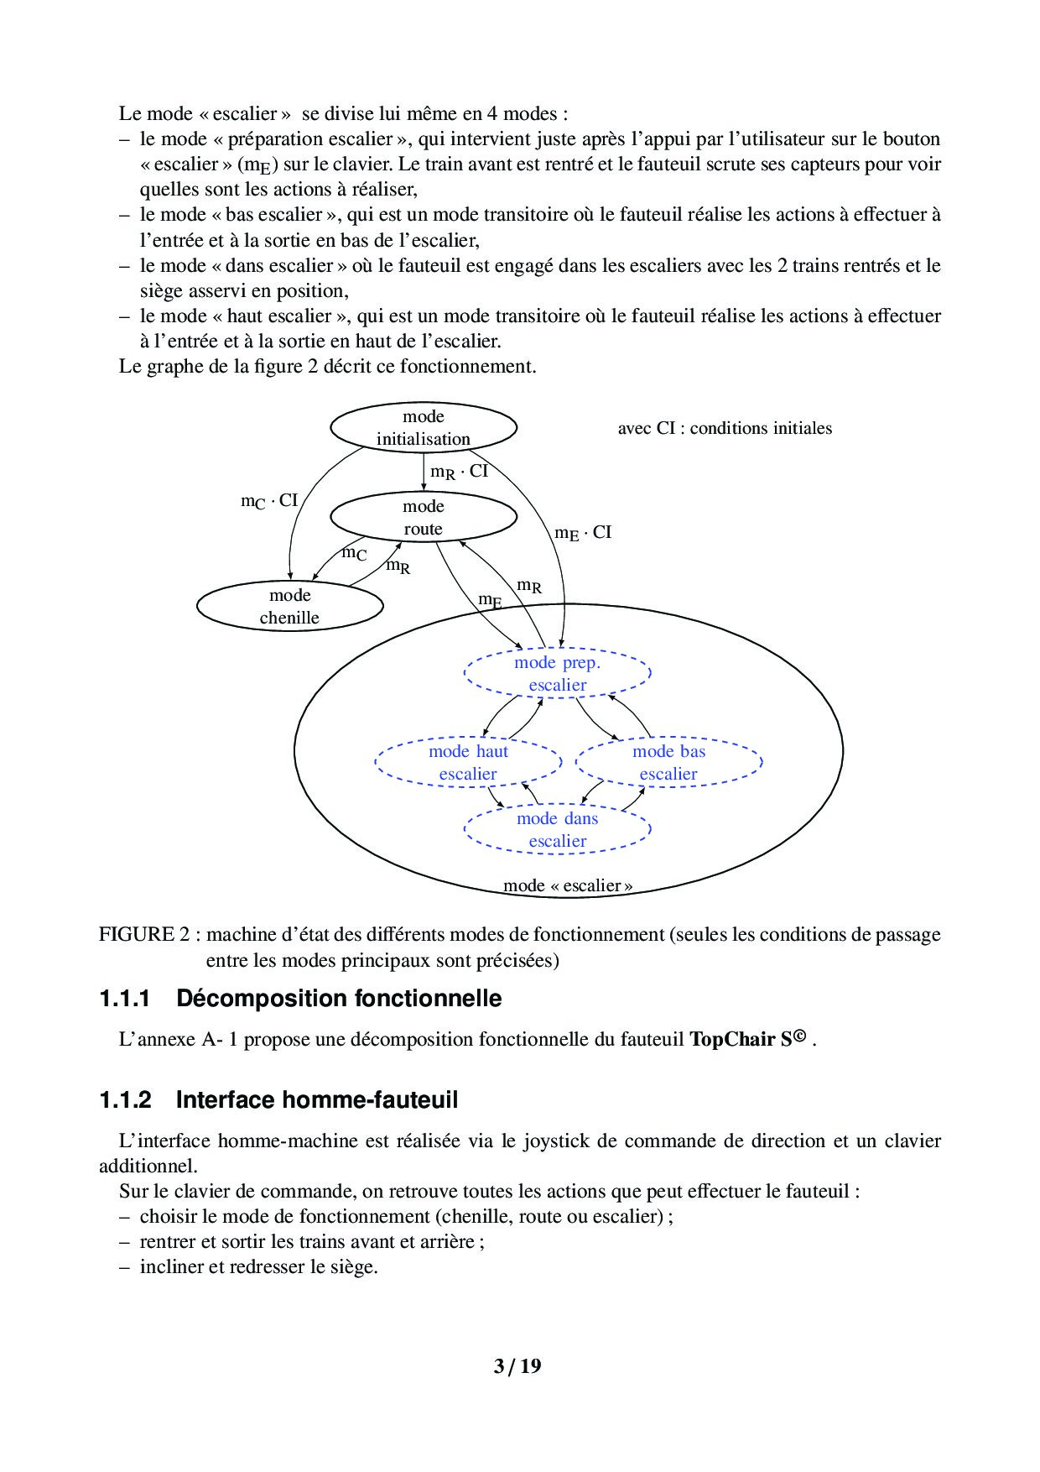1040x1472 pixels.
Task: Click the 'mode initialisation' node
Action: (423, 428)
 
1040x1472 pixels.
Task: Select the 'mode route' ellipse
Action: (423, 518)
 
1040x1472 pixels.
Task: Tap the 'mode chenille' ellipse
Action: (289, 607)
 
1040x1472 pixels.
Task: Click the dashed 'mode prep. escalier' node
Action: (558, 674)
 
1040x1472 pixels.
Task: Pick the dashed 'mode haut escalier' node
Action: (468, 763)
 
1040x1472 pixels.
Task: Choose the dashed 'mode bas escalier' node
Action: (668, 763)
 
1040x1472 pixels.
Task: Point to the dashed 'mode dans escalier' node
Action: (558, 830)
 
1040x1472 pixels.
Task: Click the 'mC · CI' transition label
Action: (269, 502)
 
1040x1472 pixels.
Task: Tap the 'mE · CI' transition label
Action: (583, 533)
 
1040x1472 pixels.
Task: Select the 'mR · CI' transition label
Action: (459, 472)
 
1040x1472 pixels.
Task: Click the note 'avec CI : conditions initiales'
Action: (725, 429)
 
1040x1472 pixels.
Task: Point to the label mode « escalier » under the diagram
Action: (568, 886)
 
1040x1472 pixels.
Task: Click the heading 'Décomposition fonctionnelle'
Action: (339, 999)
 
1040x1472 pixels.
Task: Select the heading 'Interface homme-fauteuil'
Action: (317, 1100)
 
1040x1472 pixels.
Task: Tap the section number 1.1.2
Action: (125, 1100)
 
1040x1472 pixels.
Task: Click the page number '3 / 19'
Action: (517, 1366)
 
